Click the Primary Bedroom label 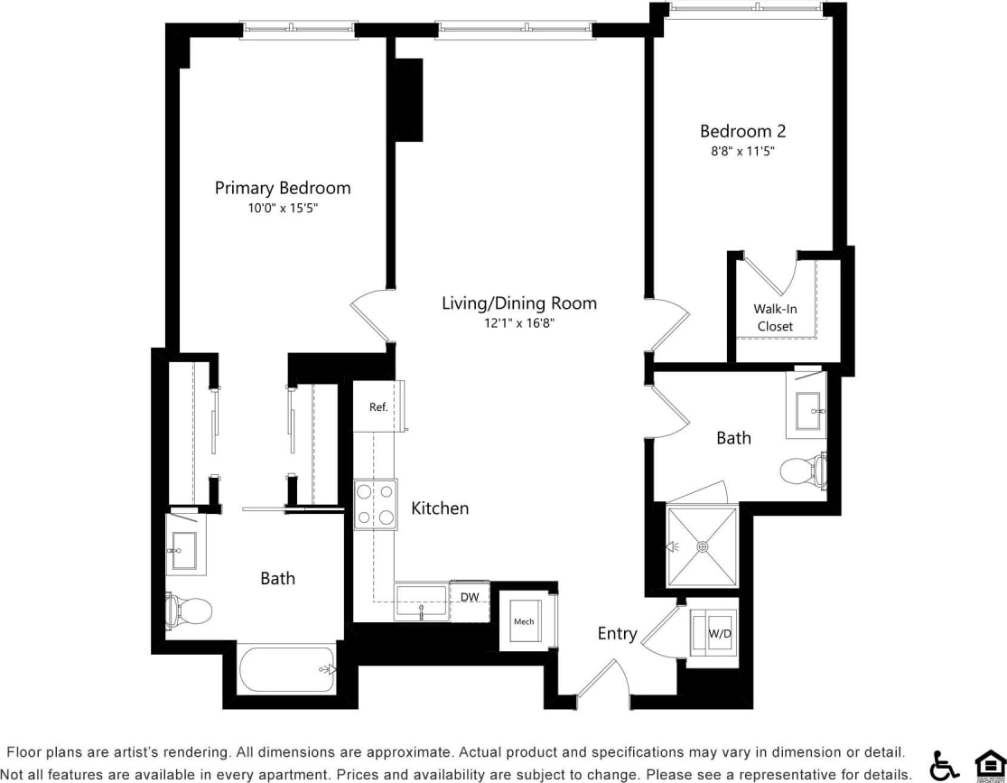pyautogui.click(x=282, y=188)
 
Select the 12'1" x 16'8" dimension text pyautogui.click(x=518, y=322)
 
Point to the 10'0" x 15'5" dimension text pyautogui.click(x=282, y=208)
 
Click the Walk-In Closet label pyautogui.click(x=775, y=317)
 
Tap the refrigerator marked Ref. pyautogui.click(x=378, y=406)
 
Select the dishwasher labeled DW pyautogui.click(x=470, y=597)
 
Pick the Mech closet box pyautogui.click(x=524, y=621)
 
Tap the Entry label pyautogui.click(x=617, y=634)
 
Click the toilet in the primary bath pyautogui.click(x=190, y=611)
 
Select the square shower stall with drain pyautogui.click(x=702, y=546)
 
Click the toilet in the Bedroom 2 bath pyautogui.click(x=802, y=471)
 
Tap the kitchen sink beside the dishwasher pyautogui.click(x=421, y=601)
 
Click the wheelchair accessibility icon pyautogui.click(x=944, y=766)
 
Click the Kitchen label pyautogui.click(x=440, y=508)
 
